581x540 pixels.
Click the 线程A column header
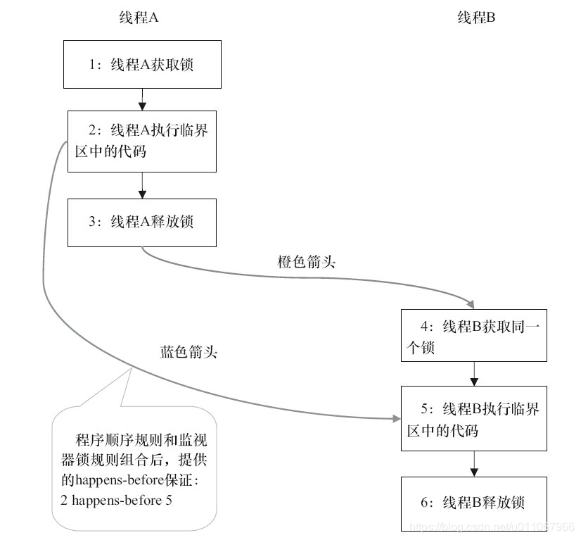[138, 18]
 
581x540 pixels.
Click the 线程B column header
[476, 18]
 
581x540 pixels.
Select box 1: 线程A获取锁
[143, 65]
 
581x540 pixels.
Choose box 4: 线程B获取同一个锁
[474, 336]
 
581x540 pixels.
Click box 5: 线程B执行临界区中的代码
[473, 418]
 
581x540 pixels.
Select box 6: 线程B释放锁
[473, 503]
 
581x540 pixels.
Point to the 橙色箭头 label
[307, 263]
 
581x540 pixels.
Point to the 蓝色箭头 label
[189, 352]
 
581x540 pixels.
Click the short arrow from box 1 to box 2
[142, 99]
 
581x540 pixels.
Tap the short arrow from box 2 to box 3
[142, 185]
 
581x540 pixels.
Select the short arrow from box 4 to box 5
[475, 374]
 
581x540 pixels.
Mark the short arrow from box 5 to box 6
[475, 463]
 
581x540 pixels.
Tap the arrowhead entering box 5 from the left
[395, 419]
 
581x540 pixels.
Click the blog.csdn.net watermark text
[492, 527]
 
